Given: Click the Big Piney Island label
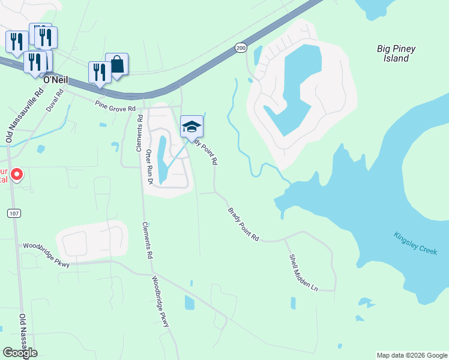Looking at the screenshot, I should point(396,53).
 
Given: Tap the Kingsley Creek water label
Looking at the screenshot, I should point(415,243).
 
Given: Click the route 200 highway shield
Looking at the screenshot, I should point(241,47).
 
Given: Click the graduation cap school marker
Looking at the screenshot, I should point(191,127).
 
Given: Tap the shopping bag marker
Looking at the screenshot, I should point(117,65).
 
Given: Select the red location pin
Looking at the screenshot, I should point(17,175).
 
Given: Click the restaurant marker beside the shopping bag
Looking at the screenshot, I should point(99,73).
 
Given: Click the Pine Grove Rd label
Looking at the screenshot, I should point(116,106).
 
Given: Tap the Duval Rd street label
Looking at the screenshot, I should point(55,101).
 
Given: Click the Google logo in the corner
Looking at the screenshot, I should point(19,352).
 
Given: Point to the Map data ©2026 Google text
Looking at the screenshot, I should point(412,355).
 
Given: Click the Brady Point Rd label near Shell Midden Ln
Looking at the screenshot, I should point(243,225).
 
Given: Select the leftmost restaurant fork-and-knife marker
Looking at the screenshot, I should point(16,41).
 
